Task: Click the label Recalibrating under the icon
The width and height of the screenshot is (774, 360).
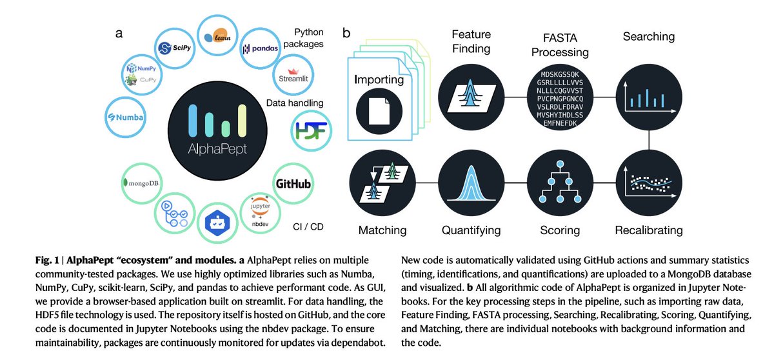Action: [x=648, y=230]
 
